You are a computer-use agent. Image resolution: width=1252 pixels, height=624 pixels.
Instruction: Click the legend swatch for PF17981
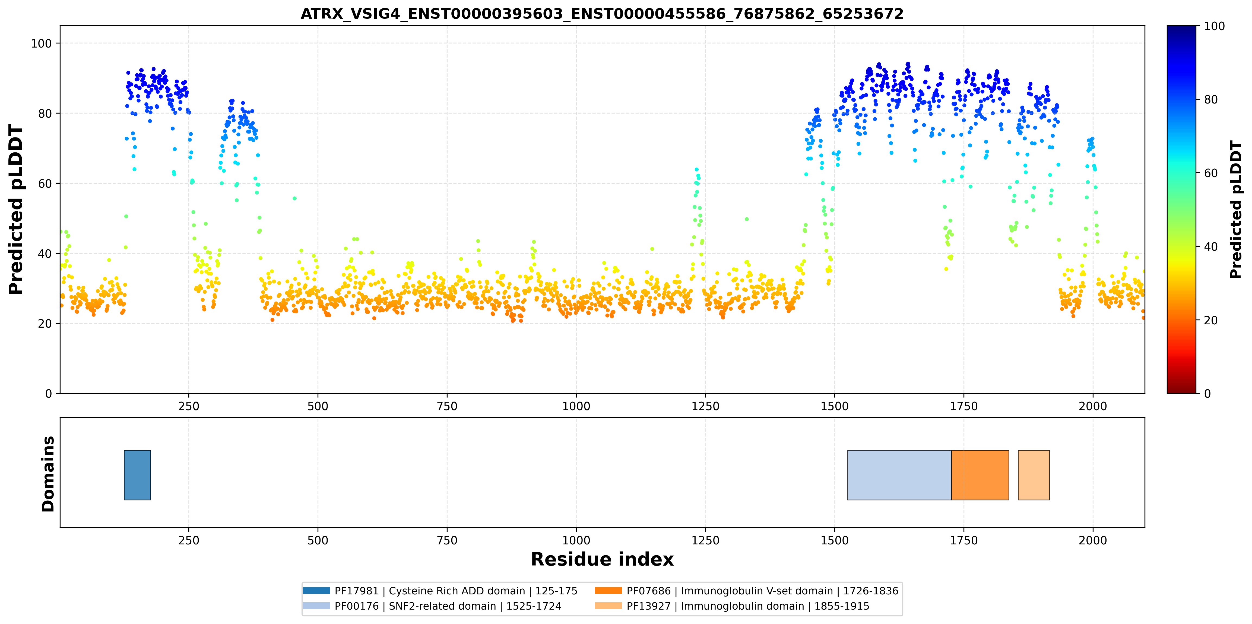point(316,590)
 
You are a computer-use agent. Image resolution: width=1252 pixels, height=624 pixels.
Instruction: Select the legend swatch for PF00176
point(316,606)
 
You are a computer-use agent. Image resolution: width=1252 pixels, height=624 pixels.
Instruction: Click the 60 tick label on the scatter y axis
point(45,183)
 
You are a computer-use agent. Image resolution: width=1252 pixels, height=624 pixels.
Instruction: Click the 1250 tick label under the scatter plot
point(705,406)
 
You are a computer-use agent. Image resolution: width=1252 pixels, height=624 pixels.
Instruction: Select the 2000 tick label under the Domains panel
point(1093,540)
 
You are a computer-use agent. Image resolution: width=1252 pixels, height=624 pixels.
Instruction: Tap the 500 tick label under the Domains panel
point(318,540)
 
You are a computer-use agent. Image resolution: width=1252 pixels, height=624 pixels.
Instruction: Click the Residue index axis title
point(602,559)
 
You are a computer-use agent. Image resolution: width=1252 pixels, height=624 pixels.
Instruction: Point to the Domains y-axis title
point(48,474)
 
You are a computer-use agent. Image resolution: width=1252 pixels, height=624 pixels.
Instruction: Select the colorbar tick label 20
point(1211,320)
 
